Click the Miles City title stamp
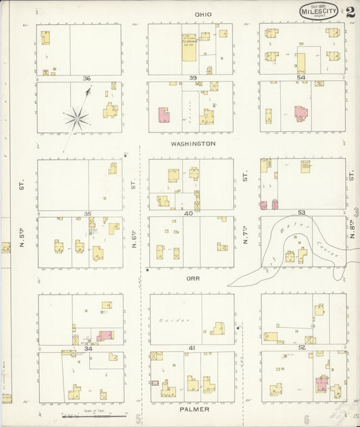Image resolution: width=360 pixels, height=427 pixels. tap(321, 11)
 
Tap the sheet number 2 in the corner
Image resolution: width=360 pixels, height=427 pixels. tap(351, 11)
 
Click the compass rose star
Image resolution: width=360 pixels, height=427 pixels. tap(77, 120)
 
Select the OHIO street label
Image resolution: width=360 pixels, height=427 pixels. tap(203, 14)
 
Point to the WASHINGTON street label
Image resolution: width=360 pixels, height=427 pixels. tap(193, 144)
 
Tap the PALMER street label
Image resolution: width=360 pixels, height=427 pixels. tap(194, 409)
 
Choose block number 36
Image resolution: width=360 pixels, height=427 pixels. tap(86, 79)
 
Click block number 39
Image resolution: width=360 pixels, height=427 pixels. tap(192, 79)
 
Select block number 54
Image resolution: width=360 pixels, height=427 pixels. tap(301, 79)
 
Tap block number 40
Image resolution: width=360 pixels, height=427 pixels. tap(188, 214)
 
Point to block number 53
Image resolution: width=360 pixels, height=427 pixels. tap(302, 214)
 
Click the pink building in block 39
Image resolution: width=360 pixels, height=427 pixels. tap(163, 115)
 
